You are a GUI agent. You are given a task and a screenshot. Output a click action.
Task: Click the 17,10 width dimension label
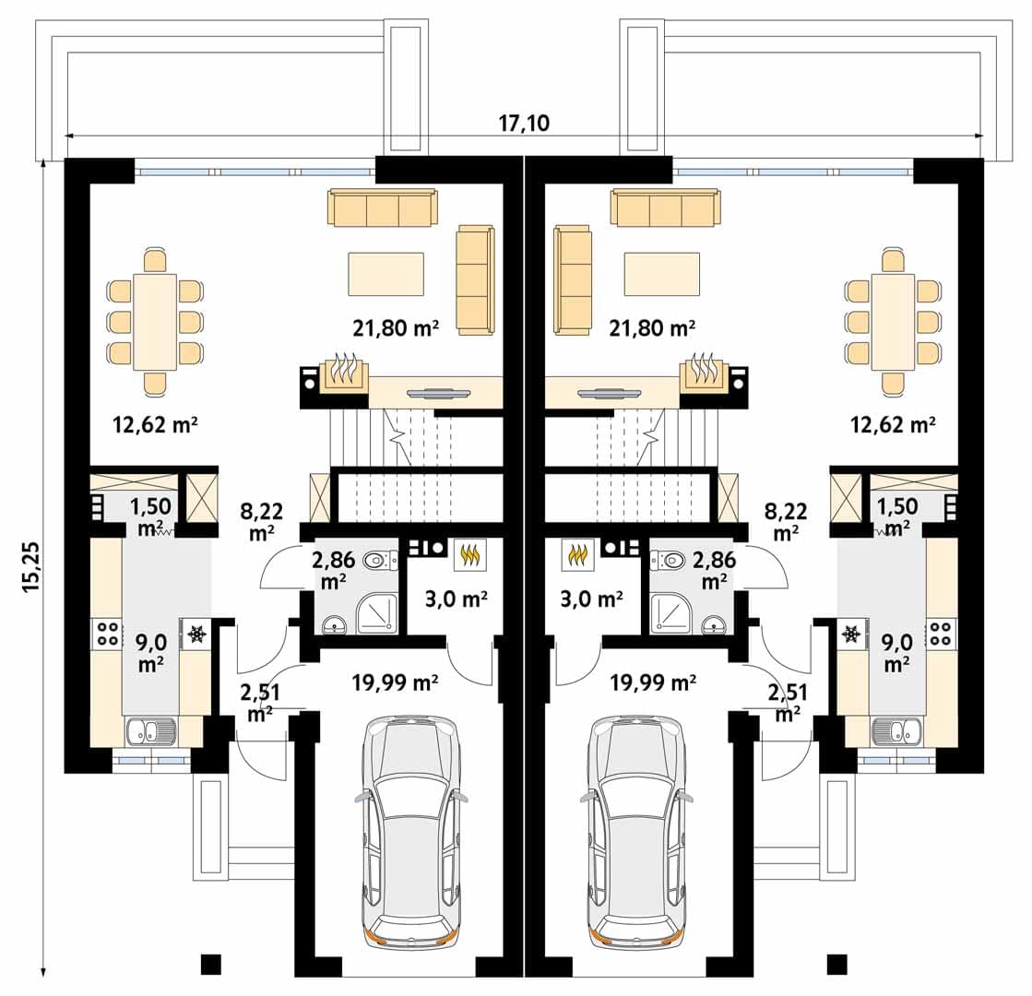(523, 123)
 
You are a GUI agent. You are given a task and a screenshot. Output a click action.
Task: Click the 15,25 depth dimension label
(31, 567)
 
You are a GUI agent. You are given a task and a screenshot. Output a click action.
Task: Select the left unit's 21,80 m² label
(396, 327)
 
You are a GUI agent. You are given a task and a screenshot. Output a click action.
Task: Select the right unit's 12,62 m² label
(893, 424)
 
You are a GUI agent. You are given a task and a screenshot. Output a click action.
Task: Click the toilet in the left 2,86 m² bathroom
(380, 561)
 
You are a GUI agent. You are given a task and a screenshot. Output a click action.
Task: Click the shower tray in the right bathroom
(670, 614)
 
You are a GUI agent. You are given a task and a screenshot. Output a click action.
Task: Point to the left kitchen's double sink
(150, 730)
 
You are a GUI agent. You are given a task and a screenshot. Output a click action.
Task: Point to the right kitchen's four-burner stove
(941, 634)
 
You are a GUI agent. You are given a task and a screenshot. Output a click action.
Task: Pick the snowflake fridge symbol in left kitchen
(196, 634)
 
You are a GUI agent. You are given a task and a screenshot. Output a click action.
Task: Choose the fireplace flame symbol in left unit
(344, 370)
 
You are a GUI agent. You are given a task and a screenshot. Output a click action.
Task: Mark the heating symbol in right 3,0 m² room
(578, 554)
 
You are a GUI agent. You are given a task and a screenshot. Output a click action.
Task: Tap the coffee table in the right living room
(661, 274)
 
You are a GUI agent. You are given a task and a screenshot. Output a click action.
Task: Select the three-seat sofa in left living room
(383, 207)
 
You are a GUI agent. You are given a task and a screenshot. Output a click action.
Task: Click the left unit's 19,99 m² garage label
(395, 682)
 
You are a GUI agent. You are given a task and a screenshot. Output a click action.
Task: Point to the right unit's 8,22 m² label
(786, 521)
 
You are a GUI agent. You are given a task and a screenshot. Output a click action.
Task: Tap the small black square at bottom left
(210, 965)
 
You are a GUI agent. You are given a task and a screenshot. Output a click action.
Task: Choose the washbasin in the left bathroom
(335, 625)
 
